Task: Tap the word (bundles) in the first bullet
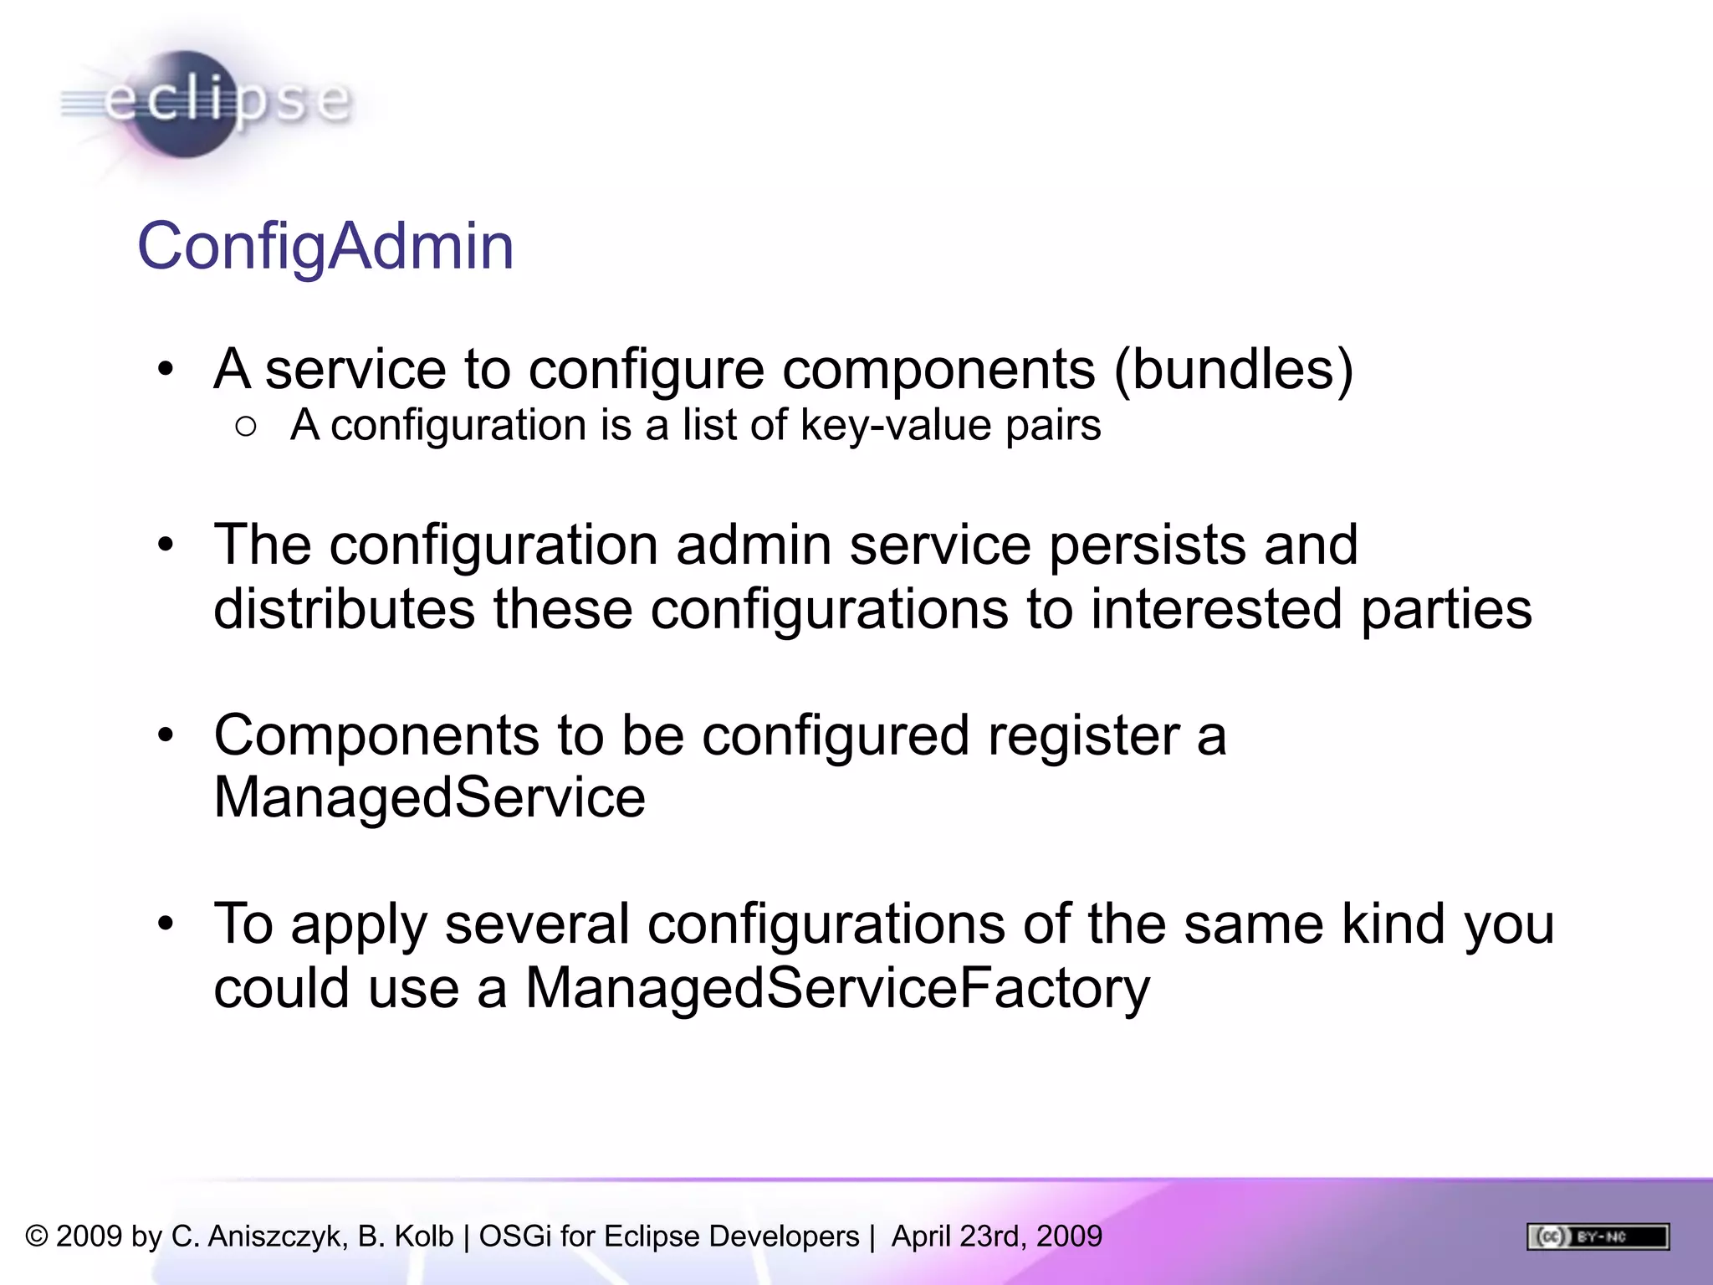click(x=1234, y=369)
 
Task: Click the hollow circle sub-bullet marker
click(x=246, y=427)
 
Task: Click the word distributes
click(x=344, y=608)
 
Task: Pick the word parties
click(x=1446, y=608)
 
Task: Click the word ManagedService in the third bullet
click(x=429, y=797)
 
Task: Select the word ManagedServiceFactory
click(x=837, y=988)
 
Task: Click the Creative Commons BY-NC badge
click(x=1598, y=1236)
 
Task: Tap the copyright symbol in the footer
click(x=37, y=1236)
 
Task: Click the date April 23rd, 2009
click(x=996, y=1236)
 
